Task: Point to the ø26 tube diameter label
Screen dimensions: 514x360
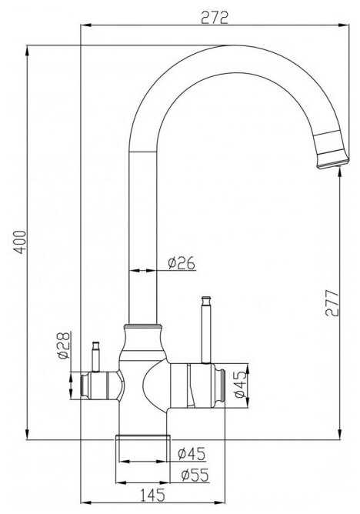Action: [x=182, y=263]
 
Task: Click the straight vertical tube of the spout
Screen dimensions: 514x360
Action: [x=143, y=231]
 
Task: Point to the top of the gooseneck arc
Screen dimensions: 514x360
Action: [x=223, y=50]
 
